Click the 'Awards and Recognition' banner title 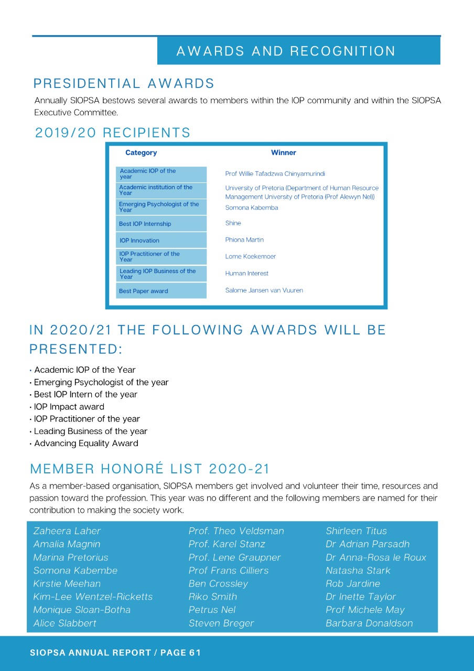tap(286, 51)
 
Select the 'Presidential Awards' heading tap(124, 84)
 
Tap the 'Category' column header tap(141, 153)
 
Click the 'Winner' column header tap(284, 153)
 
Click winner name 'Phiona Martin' tap(244, 240)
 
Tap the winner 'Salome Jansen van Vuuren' tap(264, 290)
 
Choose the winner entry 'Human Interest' tap(247, 273)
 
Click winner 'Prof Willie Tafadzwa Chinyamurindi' tap(275, 174)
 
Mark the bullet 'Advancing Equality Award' tap(86, 443)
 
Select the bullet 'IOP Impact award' tap(69, 407)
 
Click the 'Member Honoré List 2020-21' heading tap(150, 468)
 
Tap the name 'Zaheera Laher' tap(67, 531)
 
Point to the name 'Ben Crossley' tap(218, 583)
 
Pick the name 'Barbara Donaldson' tap(369, 623)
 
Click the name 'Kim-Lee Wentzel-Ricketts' tap(93, 597)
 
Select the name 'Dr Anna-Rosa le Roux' tap(376, 557)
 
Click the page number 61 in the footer tap(195, 653)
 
